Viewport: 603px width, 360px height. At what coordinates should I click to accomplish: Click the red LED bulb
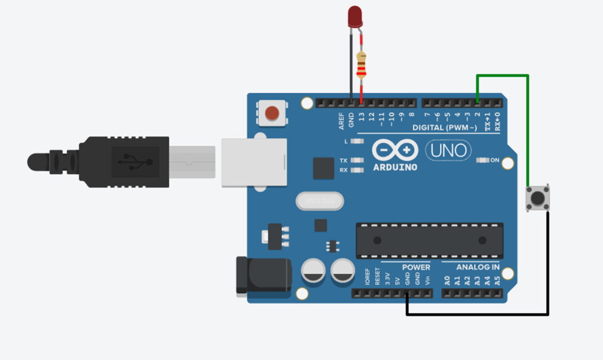[354, 17]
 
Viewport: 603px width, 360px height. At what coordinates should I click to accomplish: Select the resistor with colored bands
[361, 64]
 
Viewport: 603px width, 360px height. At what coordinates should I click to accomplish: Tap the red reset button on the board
[271, 113]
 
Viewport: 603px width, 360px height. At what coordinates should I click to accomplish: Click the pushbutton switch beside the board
[537, 198]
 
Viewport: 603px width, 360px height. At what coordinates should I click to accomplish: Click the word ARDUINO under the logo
[395, 167]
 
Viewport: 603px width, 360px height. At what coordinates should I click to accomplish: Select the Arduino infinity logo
[395, 150]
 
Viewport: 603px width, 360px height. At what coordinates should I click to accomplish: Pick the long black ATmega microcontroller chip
[429, 241]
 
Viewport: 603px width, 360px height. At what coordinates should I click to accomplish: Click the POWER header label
[416, 268]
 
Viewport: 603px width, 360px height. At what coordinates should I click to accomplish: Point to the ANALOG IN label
[477, 268]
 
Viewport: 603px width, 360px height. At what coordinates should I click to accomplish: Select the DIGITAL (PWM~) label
[444, 127]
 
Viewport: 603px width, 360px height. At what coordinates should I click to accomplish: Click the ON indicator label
[494, 160]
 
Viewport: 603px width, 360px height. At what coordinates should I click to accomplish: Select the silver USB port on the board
[254, 162]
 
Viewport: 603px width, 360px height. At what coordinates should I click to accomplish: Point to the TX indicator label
[343, 160]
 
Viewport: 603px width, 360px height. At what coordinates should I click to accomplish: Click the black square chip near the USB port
[323, 168]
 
